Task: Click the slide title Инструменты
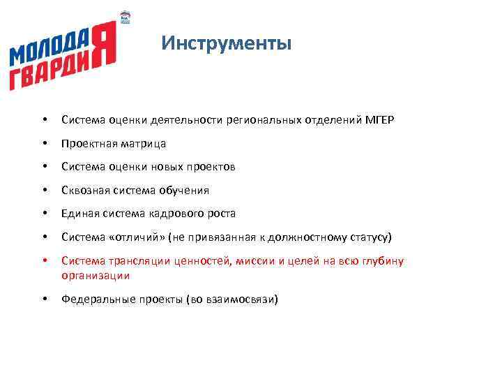[226, 44]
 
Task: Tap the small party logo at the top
[125, 17]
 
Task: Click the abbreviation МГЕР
[379, 120]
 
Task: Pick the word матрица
[143, 144]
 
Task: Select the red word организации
[96, 275]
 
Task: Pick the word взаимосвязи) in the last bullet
[245, 300]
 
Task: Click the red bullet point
[44, 261]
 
